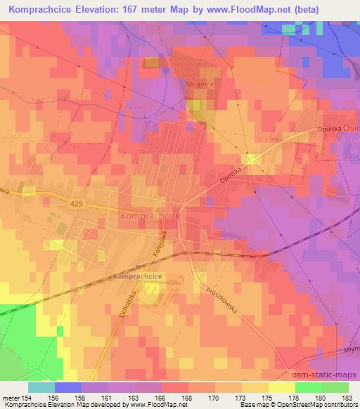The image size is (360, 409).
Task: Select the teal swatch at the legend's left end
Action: [x=41, y=387]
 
